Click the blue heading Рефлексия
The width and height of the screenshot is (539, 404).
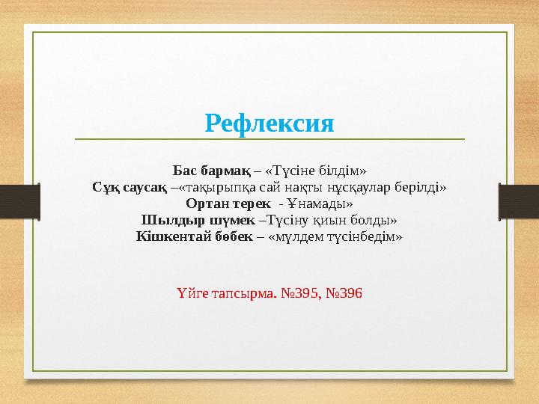tap(269, 122)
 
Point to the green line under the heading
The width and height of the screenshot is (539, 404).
tap(269, 139)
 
